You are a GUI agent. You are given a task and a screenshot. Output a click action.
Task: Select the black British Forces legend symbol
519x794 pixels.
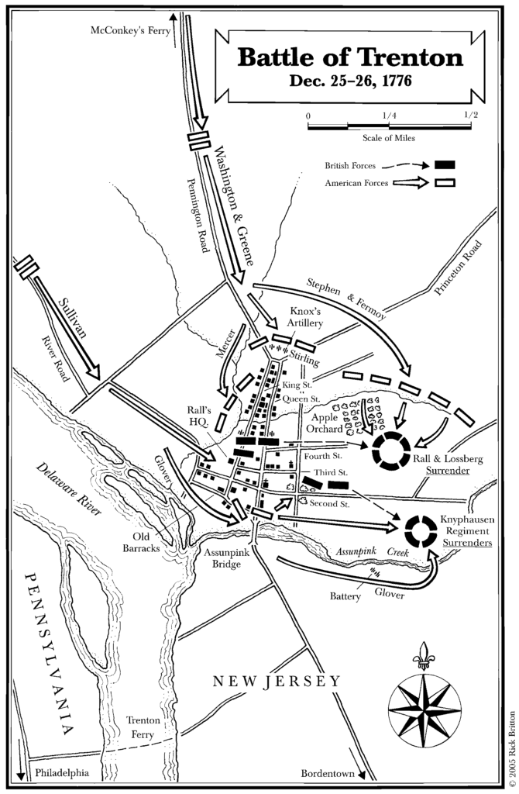coord(445,164)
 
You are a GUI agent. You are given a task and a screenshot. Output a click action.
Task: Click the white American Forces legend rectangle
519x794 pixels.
coord(445,184)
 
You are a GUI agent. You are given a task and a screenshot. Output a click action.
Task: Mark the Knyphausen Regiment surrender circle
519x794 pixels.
coord(421,531)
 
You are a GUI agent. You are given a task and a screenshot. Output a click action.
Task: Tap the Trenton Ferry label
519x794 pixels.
coord(146,726)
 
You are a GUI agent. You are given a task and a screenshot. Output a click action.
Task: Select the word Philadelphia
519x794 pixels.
coord(62,773)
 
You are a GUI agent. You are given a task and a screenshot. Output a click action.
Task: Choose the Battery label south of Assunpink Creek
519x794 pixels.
coord(344,597)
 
